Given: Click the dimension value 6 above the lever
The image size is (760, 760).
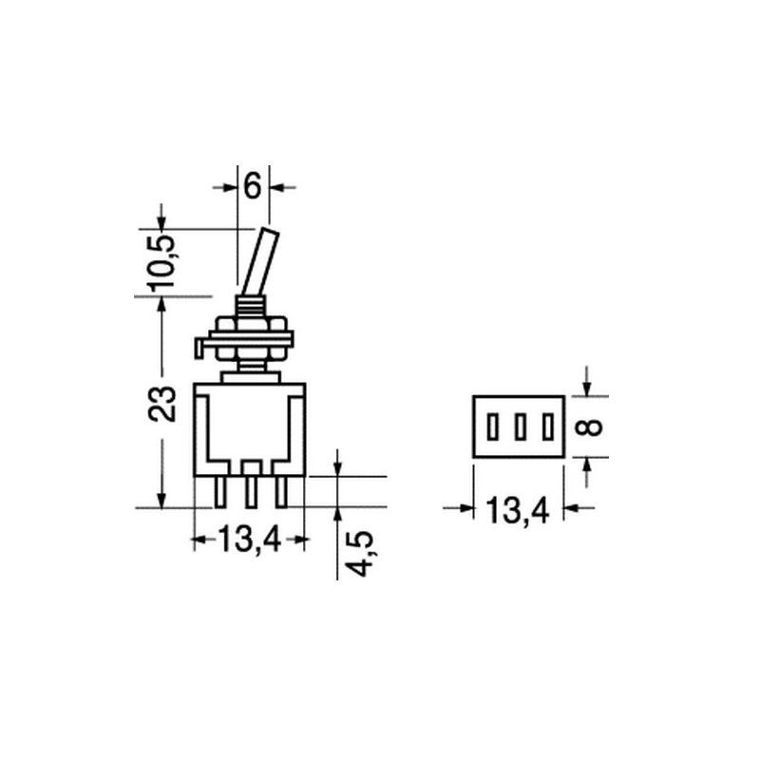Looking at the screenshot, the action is [x=253, y=186].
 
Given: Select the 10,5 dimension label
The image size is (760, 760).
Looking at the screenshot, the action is [x=162, y=262].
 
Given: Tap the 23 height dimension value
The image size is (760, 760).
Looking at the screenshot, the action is [x=162, y=403].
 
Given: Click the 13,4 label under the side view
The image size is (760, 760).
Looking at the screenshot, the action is [x=250, y=540].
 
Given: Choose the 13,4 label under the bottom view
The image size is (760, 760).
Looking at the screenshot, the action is [x=518, y=510].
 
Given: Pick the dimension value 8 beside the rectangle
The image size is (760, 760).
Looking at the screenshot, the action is [x=591, y=427].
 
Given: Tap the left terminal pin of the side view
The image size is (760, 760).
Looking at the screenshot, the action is [x=220, y=492].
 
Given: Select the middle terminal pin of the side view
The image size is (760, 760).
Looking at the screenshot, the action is [x=251, y=492].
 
